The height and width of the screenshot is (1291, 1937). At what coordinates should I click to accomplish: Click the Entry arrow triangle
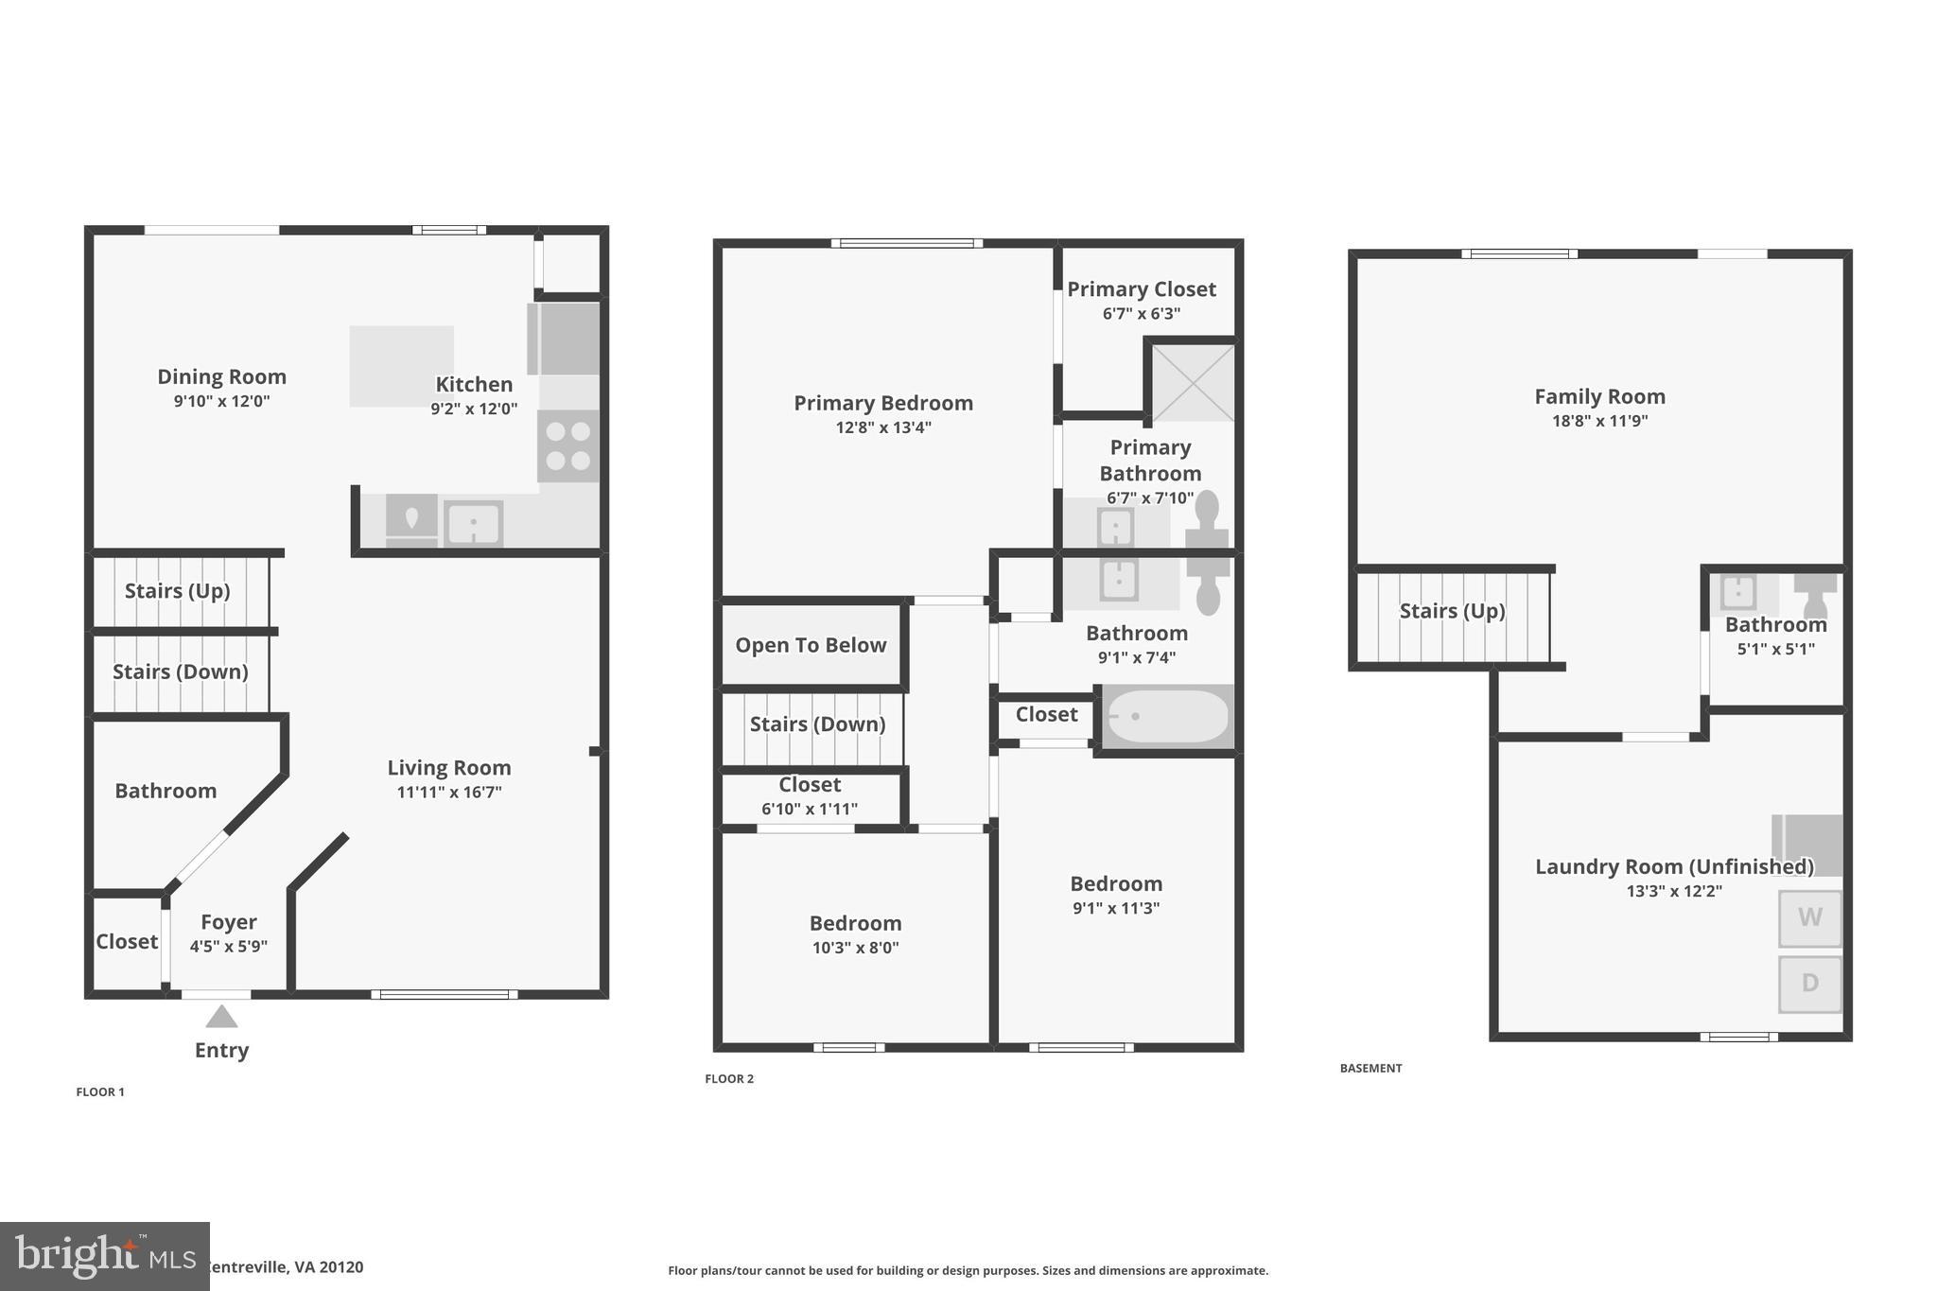tap(221, 1017)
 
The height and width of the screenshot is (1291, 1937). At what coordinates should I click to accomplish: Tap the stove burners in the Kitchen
tap(568, 445)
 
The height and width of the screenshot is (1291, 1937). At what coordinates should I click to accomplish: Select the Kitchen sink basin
tap(473, 523)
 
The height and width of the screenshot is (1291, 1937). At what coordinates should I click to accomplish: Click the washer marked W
tap(1809, 917)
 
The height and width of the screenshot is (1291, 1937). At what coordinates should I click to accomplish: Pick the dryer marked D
tap(1809, 984)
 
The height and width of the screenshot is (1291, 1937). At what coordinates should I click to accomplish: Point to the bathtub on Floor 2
tap(1169, 716)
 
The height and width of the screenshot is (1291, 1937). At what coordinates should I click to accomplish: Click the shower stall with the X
tap(1193, 382)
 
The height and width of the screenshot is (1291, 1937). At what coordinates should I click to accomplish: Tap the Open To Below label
tap(811, 645)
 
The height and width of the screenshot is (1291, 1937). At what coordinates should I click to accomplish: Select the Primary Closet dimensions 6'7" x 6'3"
tap(1142, 314)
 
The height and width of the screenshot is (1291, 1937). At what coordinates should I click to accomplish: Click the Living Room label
tap(449, 768)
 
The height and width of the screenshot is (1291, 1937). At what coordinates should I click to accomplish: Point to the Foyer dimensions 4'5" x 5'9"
tap(229, 947)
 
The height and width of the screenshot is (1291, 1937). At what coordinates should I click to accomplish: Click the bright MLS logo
tap(104, 1256)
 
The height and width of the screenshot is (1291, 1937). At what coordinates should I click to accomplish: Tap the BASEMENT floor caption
tap(1370, 1068)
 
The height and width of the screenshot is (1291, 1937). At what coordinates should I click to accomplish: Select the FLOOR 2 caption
tap(729, 1078)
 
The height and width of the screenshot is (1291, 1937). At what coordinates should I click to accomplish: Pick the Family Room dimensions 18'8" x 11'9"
tap(1599, 422)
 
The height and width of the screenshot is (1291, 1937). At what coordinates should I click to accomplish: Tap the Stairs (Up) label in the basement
tap(1452, 611)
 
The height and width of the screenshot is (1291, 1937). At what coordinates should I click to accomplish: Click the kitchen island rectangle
tap(401, 366)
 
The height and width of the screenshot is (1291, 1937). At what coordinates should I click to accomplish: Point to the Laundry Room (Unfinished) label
tap(1674, 866)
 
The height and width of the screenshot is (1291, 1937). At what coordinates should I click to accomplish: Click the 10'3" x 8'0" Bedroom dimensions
tap(855, 948)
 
